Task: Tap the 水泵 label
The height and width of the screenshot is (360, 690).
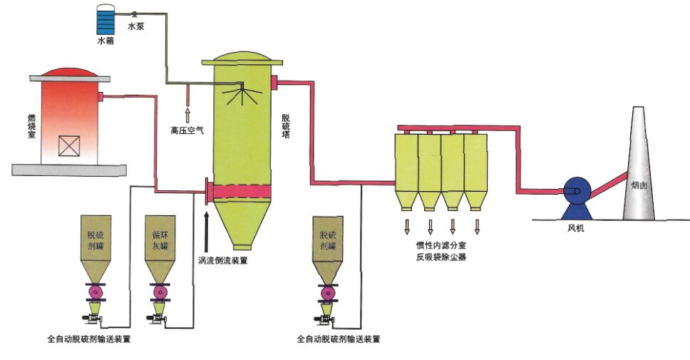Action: pyautogui.click(x=137, y=26)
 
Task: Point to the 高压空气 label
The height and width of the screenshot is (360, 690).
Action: pyautogui.click(x=187, y=130)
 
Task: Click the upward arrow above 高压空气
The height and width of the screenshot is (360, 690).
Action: pyautogui.click(x=188, y=113)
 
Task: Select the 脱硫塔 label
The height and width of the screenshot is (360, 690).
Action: pyautogui.click(x=286, y=131)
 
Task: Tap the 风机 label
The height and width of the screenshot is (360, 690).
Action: pyautogui.click(x=575, y=228)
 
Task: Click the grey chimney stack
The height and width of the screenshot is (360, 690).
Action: pyautogui.click(x=639, y=171)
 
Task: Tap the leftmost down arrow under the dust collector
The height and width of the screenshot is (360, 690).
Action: pyautogui.click(x=408, y=227)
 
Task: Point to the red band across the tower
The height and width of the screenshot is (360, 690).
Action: pyautogui.click(x=242, y=191)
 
